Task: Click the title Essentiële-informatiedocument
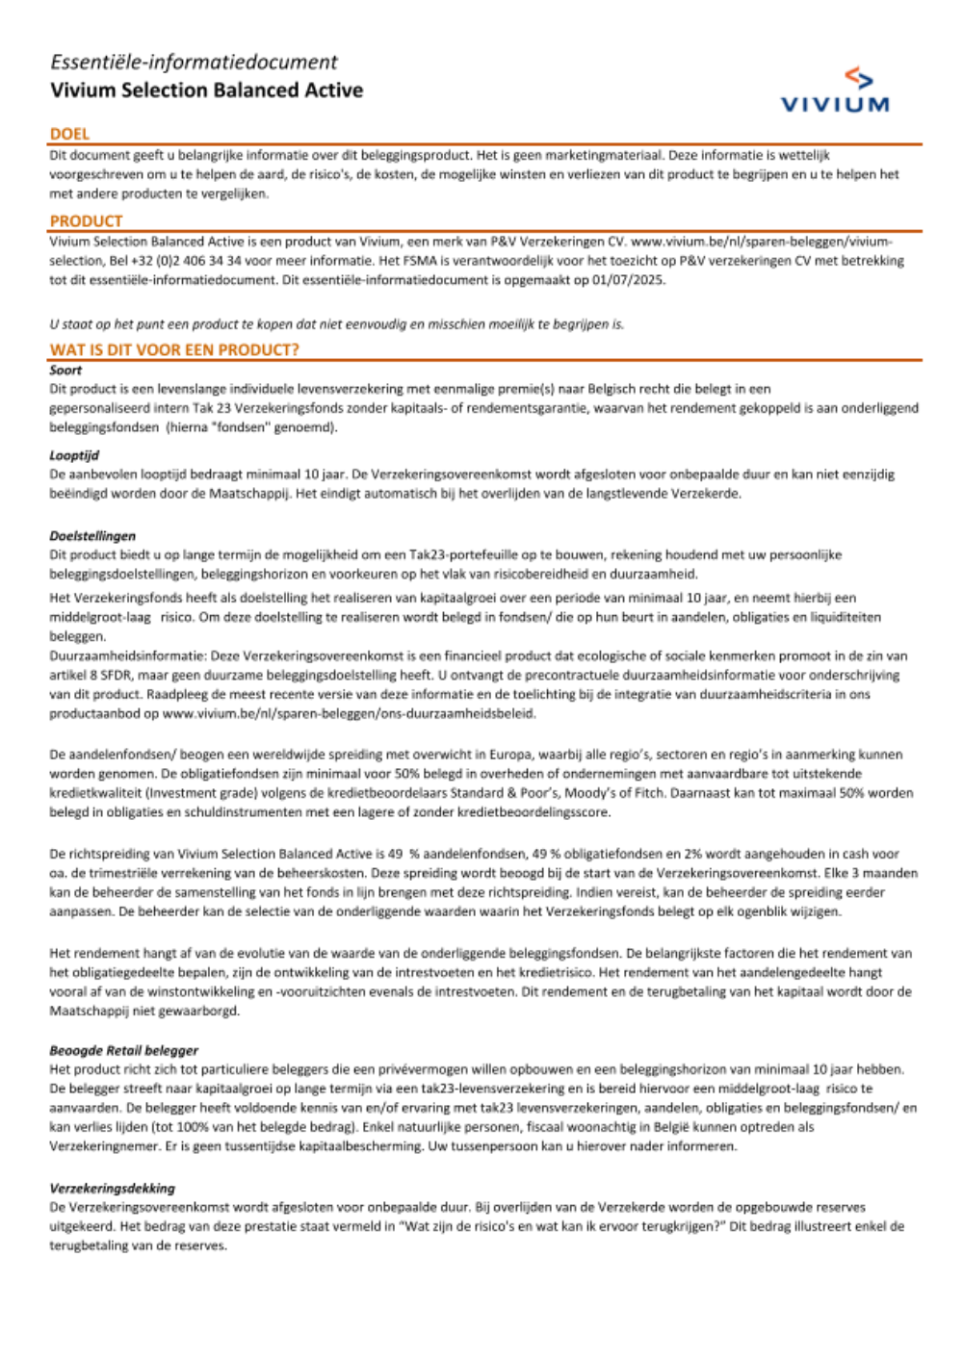[194, 63]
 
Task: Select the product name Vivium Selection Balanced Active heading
[206, 90]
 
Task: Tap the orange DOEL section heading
[69, 134]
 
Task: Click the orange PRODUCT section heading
[86, 221]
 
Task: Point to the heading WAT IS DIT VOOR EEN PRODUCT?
[174, 349]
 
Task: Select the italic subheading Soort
[65, 370]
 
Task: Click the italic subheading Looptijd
[74, 455]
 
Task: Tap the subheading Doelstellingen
[92, 535]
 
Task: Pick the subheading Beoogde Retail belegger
[124, 1050]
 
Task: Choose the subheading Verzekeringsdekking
[113, 1188]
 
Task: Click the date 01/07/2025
[630, 280]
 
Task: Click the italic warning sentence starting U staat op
[336, 324]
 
